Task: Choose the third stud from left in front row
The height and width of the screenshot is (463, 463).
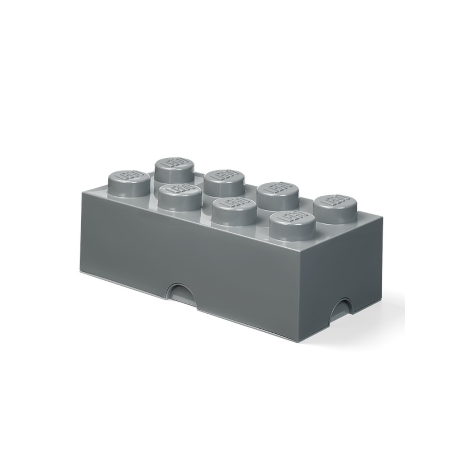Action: [x=233, y=211]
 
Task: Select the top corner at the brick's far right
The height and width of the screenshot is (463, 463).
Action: [x=383, y=217]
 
